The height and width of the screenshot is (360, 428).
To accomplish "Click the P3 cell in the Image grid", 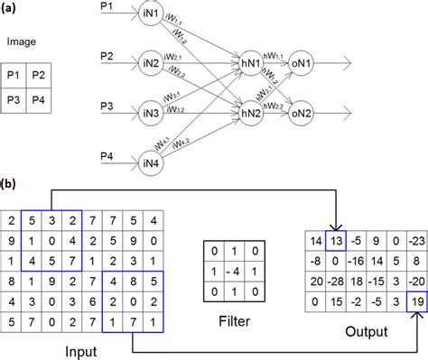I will pos(15,99).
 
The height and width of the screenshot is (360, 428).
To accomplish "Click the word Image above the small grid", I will pos(22,42).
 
